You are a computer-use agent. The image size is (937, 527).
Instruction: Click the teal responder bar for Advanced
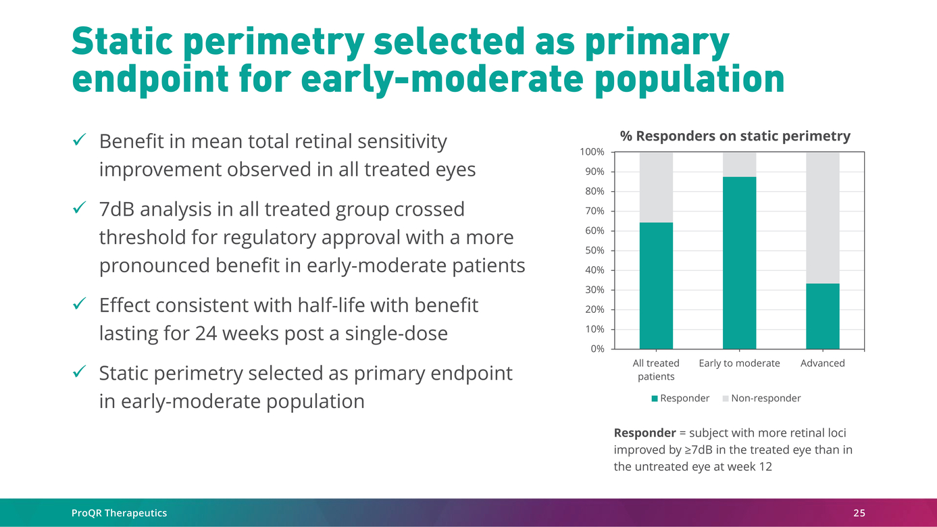pyautogui.click(x=822, y=316)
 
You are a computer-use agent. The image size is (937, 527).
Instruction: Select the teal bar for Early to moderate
pyautogui.click(x=739, y=263)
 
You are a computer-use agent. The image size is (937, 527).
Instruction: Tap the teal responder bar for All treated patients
pyautogui.click(x=656, y=286)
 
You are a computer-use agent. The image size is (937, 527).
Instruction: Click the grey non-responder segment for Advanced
pyautogui.click(x=822, y=218)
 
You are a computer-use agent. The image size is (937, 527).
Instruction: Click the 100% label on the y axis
pyautogui.click(x=592, y=152)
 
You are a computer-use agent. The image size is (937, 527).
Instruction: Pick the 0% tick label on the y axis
pyautogui.click(x=597, y=349)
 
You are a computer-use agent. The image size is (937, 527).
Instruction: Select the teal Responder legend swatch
pyautogui.click(x=654, y=399)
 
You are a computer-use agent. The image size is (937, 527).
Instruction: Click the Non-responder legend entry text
pyautogui.click(x=765, y=399)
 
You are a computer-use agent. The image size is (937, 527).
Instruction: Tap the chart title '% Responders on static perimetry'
pyautogui.click(x=735, y=136)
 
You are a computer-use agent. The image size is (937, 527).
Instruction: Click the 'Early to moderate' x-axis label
pyautogui.click(x=739, y=363)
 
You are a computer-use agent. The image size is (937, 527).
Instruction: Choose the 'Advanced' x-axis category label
pyautogui.click(x=822, y=363)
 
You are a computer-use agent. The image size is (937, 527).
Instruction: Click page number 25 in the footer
pyautogui.click(x=859, y=513)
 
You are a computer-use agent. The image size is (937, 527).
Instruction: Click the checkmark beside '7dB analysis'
pyautogui.click(x=78, y=209)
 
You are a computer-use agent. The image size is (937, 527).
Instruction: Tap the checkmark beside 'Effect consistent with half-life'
pyautogui.click(x=78, y=305)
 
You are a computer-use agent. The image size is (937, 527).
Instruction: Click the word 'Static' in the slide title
pyautogui.click(x=120, y=43)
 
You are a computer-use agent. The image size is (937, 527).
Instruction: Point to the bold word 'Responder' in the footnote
pyautogui.click(x=644, y=432)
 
